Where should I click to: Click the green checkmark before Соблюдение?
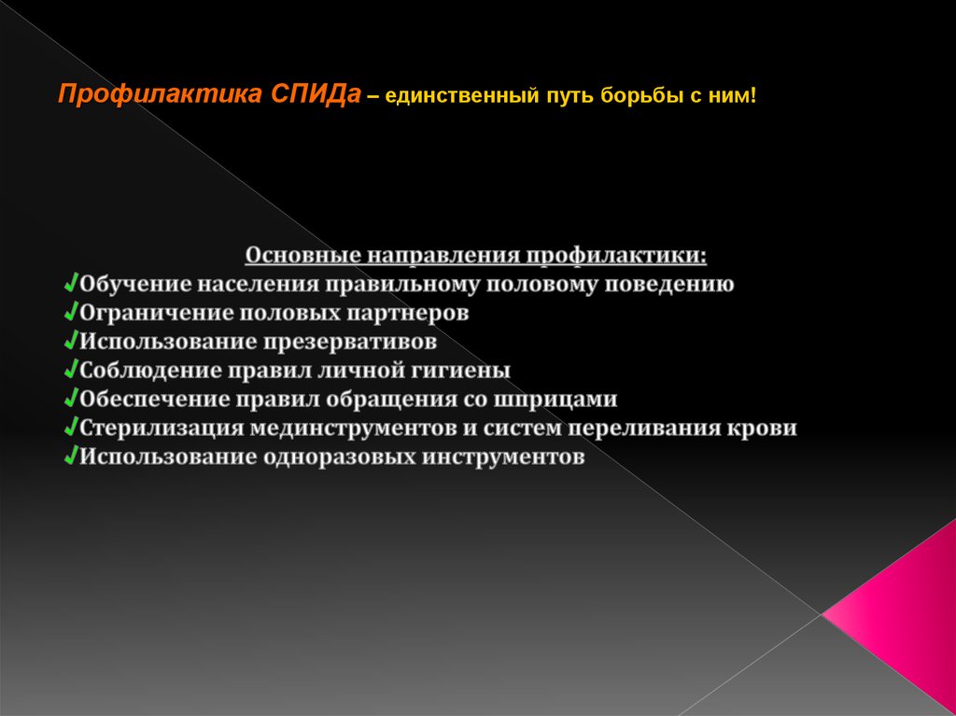tap(72, 370)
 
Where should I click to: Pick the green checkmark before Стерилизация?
tap(72, 428)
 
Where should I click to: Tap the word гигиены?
tap(460, 371)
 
